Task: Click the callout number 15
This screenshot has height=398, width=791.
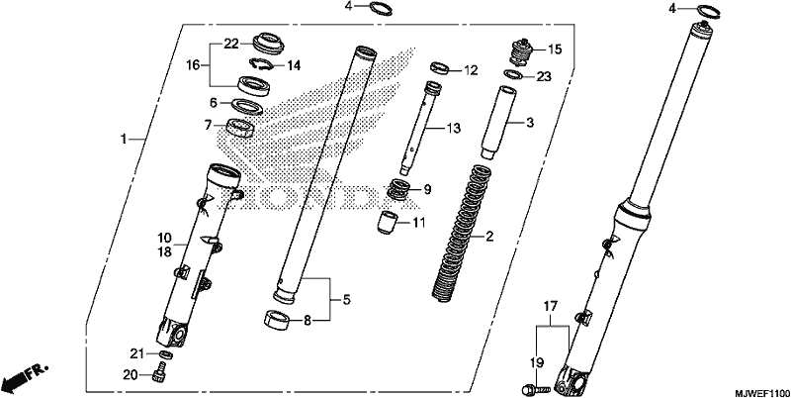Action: pyautogui.click(x=555, y=50)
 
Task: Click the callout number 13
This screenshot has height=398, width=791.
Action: pyautogui.click(x=454, y=129)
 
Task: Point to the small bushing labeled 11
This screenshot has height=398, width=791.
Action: pyautogui.click(x=388, y=223)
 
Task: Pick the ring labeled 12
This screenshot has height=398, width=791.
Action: pyautogui.click(x=439, y=67)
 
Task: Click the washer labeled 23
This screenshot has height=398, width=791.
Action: pyautogui.click(x=513, y=75)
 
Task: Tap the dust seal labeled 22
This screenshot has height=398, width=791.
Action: pyautogui.click(x=268, y=43)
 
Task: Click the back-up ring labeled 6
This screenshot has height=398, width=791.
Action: pyautogui.click(x=246, y=107)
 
